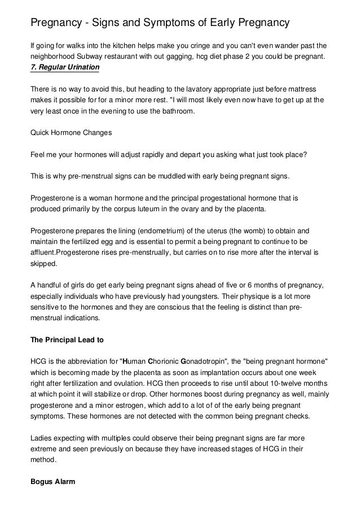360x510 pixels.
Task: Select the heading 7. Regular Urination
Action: tap(64, 68)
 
